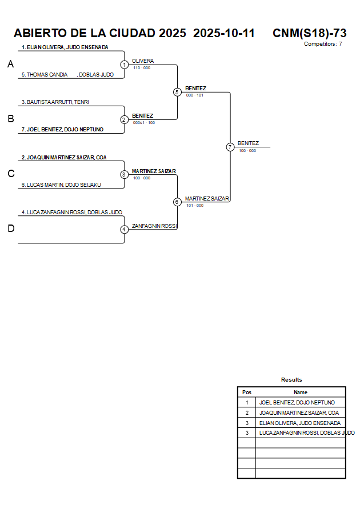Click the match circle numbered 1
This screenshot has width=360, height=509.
coord(124,65)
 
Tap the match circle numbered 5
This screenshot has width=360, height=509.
coord(177,92)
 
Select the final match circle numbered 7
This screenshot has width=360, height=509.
coord(230,147)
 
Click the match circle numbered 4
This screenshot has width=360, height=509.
coord(124,229)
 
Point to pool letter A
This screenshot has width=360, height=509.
coord(10,65)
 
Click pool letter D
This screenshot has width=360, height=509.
coord(10,229)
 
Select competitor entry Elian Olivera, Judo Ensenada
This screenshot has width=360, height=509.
coord(65,47)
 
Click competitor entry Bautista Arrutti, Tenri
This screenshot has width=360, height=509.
coord(55,102)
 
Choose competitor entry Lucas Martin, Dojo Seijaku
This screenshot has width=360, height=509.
coord(61,185)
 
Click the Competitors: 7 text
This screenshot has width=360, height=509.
coord(323,43)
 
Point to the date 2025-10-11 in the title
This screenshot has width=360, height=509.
coord(224,33)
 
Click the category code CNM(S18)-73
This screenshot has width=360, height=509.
coord(309,33)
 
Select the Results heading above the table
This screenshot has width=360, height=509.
coord(291,380)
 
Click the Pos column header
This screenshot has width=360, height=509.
coord(246,392)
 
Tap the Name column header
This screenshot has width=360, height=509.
coord(301,392)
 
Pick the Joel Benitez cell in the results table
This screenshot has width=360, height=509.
coord(297,403)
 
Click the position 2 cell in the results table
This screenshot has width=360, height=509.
coord(246,413)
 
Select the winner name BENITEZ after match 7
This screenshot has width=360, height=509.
coord(248,143)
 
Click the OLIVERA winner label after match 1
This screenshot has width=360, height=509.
coord(143,61)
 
